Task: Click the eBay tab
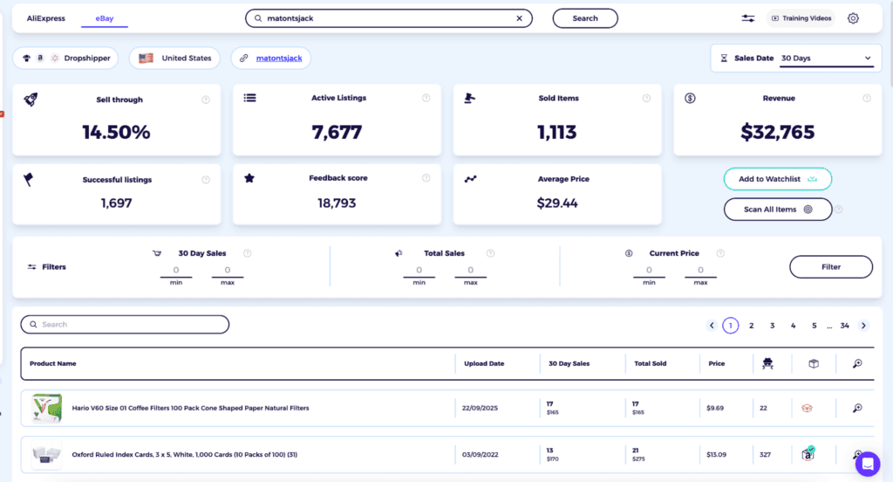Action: (x=104, y=18)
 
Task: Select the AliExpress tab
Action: (x=45, y=18)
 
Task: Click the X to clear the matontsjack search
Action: (x=520, y=18)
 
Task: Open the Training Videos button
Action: (x=801, y=18)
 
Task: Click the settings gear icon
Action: (x=853, y=18)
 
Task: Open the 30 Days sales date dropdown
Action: (x=825, y=59)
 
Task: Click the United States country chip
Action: (x=175, y=59)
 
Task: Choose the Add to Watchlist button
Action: (x=777, y=179)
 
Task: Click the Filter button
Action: (x=830, y=267)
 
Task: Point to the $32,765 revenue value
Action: (x=777, y=132)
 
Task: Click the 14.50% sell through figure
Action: (x=116, y=132)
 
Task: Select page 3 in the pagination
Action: (x=772, y=326)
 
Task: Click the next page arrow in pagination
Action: (x=863, y=326)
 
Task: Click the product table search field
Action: (x=125, y=325)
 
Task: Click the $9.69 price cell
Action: (x=716, y=408)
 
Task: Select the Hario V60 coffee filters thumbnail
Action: (x=46, y=409)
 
